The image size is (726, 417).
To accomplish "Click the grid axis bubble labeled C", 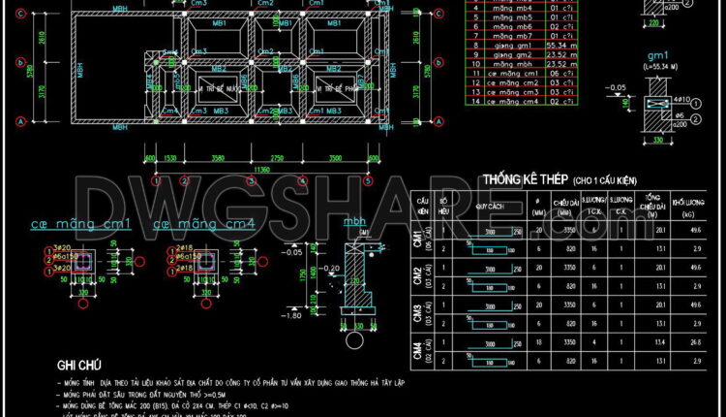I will click(x=19, y=16).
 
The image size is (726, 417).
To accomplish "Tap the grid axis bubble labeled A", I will click(x=19, y=122).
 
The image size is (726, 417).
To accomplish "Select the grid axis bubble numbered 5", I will click(x=368, y=181).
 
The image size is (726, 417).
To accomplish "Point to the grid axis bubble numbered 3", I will click(x=253, y=181).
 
